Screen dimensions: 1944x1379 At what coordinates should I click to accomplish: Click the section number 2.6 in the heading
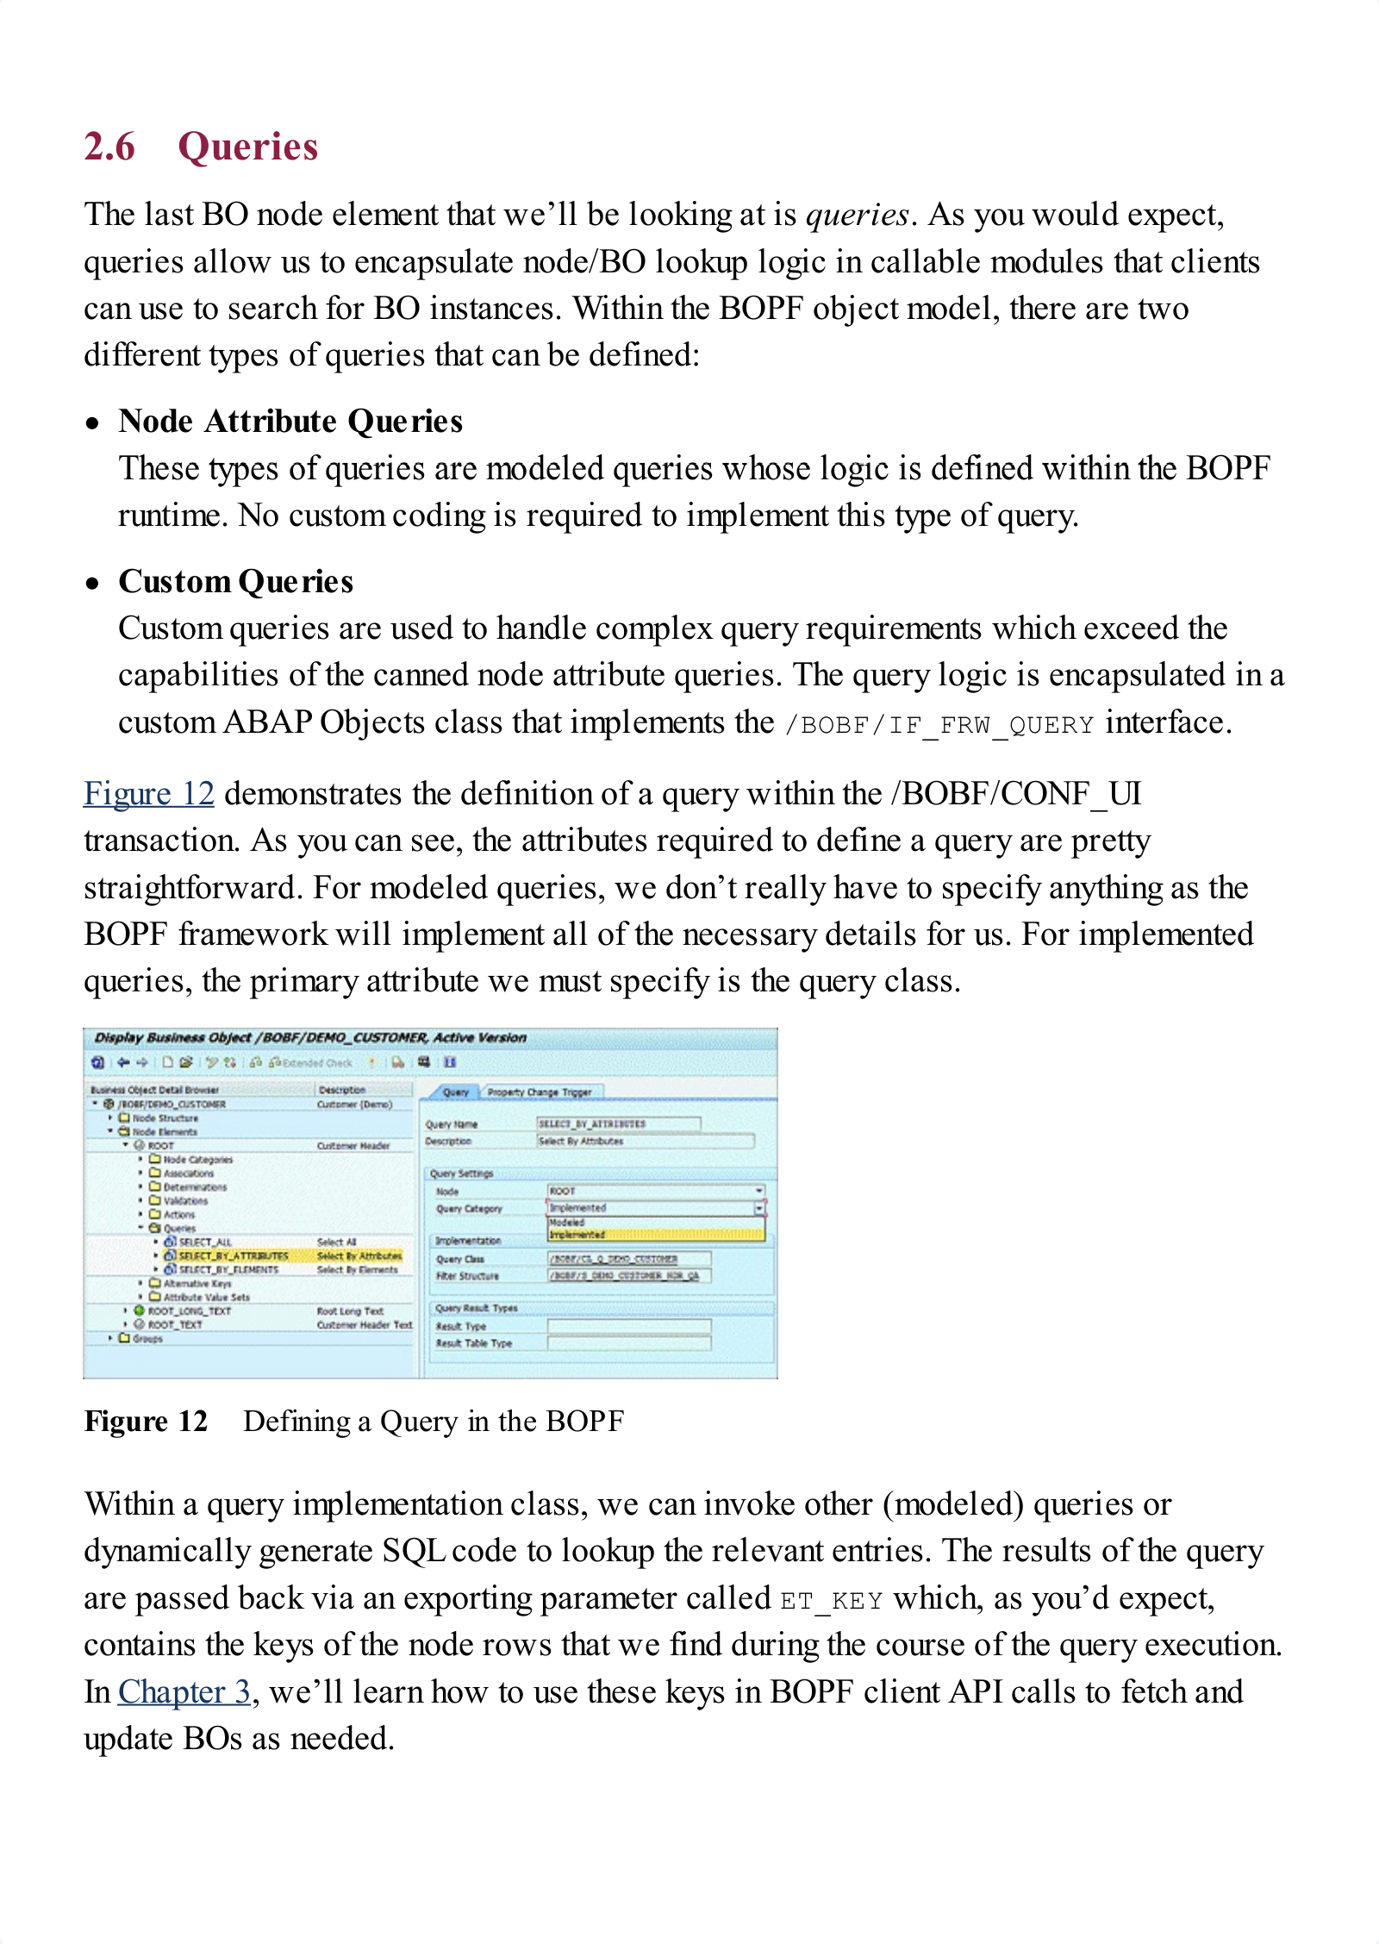pos(109,147)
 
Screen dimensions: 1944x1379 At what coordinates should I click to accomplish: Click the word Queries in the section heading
pos(248,147)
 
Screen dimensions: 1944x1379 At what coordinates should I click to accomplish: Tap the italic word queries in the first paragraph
pos(857,215)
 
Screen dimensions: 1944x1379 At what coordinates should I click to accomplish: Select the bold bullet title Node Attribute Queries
pos(290,422)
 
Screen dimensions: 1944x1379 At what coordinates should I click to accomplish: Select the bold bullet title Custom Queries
pos(236,582)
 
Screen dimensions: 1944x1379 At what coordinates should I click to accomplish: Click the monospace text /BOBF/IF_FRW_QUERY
pos(939,725)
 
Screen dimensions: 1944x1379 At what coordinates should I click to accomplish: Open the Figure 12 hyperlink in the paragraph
pos(148,794)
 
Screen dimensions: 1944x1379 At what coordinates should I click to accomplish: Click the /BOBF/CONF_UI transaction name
pos(1017,794)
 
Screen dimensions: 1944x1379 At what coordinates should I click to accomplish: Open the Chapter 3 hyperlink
pos(184,1692)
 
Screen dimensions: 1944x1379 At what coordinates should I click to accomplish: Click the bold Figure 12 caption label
pos(146,1422)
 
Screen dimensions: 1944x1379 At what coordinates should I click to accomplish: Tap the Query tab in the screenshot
pos(455,1092)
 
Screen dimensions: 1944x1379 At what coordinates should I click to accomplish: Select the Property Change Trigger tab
pos(540,1092)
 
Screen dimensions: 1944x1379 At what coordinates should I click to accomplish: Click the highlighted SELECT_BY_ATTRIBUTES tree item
pos(233,1256)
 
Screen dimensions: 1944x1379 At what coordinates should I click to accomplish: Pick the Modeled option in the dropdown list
pos(568,1222)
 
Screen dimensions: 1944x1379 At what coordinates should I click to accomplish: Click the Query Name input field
pos(618,1123)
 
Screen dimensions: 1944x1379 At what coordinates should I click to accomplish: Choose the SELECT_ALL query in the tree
pos(205,1242)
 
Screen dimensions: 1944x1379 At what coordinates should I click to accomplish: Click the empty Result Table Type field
pos(629,1343)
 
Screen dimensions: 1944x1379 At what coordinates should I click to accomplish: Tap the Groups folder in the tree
pos(147,1339)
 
